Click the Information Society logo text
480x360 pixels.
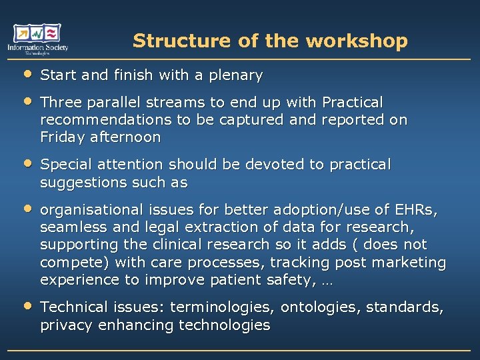[38, 47]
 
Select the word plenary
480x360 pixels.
[237, 75]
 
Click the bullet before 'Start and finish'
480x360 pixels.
[27, 74]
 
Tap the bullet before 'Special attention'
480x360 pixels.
[27, 163]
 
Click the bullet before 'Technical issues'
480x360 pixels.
[27, 306]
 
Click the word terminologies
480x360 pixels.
[223, 307]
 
